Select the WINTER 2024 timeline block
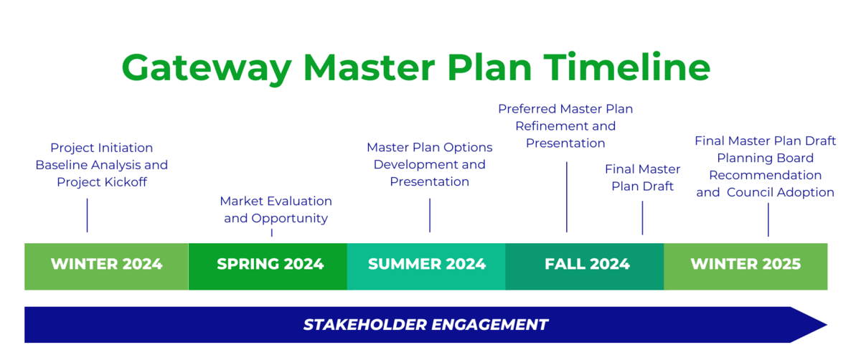106,265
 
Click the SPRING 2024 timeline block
270,265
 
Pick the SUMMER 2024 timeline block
427,265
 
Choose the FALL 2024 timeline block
587,265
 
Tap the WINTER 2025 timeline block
745,265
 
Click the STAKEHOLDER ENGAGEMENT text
425,325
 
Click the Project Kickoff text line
102,182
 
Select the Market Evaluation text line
276,201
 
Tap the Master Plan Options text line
430,147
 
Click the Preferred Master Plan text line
565,109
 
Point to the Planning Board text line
765,158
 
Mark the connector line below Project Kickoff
87,215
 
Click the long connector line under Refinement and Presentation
567,196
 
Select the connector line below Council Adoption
768,219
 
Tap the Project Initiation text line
102,148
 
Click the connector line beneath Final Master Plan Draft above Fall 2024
642,217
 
